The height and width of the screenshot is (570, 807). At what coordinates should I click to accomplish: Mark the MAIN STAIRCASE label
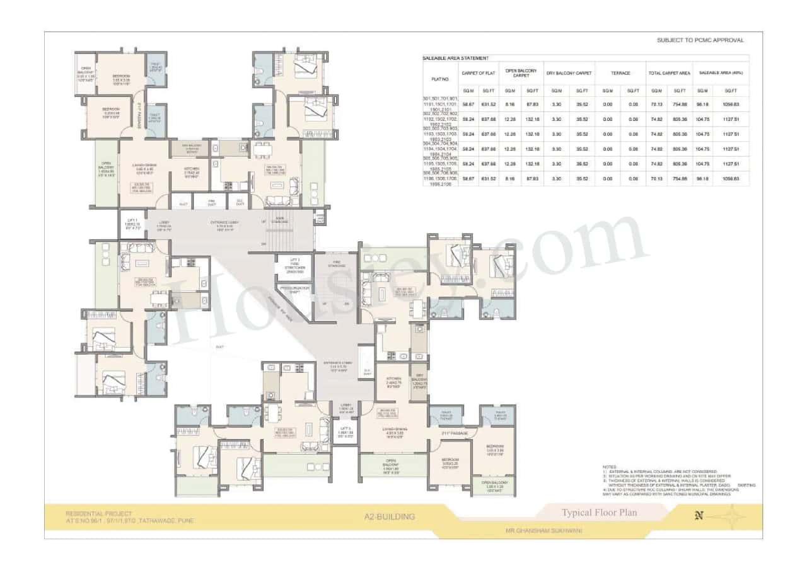281,219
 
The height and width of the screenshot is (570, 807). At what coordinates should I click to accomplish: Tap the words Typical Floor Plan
599,512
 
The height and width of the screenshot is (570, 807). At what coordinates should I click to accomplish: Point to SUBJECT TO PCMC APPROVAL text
700,40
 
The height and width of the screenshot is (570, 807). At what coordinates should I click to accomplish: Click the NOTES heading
609,467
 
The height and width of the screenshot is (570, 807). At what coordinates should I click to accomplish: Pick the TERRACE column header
620,73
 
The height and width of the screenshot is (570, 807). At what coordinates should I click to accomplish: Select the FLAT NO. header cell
439,79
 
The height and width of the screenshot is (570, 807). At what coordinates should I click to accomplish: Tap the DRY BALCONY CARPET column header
569,73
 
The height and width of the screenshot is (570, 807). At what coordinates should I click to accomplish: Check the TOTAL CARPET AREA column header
669,73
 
